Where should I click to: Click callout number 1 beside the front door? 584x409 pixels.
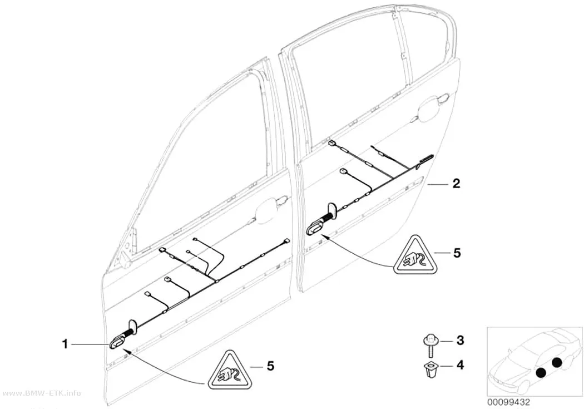click(65, 344)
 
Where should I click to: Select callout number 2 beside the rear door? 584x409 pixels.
click(456, 183)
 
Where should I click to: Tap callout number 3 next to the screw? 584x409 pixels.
click(460, 340)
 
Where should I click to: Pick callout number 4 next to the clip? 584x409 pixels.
click(461, 365)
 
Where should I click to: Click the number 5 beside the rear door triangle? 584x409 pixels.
click(457, 253)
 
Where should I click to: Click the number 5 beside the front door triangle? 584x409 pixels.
click(270, 366)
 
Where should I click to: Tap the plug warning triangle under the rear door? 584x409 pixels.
click(415, 256)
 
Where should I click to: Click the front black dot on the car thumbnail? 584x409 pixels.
click(541, 372)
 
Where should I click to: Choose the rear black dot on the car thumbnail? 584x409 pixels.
click(557, 362)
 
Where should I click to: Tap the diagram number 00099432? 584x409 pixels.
click(508, 402)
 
